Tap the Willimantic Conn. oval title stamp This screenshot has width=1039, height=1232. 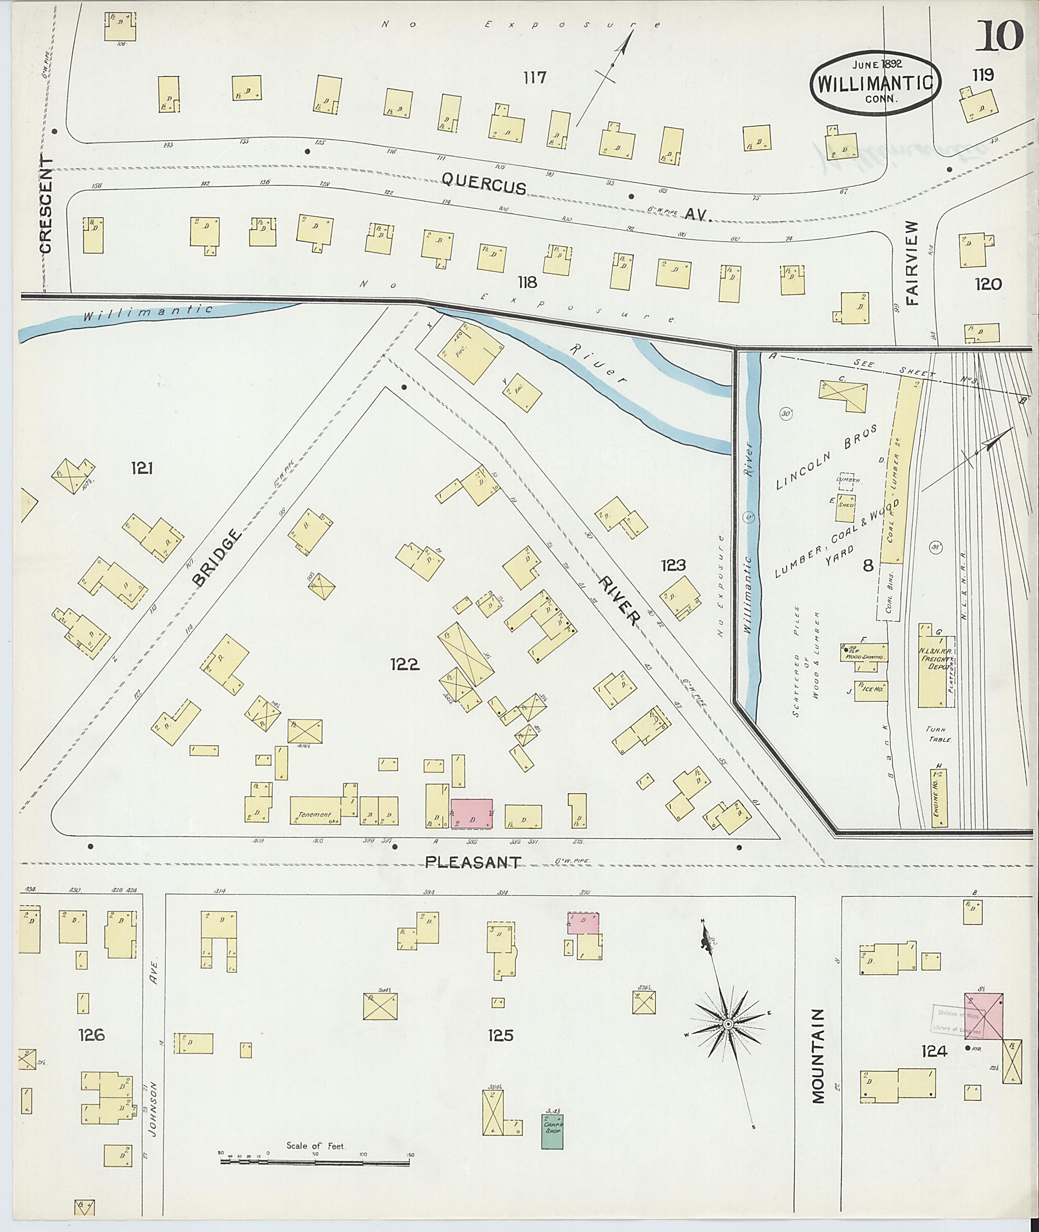(x=875, y=83)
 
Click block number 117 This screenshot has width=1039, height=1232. (x=534, y=77)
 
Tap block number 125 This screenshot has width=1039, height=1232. (x=500, y=1035)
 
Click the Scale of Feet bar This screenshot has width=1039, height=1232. (x=316, y=1162)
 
